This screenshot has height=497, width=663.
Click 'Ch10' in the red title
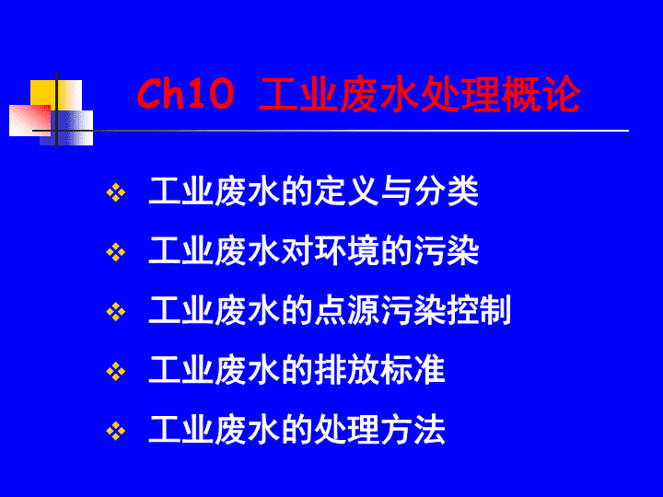point(185,94)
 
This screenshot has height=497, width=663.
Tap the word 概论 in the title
point(541,94)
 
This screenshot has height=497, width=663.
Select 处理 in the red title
point(459,94)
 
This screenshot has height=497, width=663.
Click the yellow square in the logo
point(56,95)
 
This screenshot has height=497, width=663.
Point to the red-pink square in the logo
point(30,121)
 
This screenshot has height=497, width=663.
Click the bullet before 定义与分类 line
point(115,193)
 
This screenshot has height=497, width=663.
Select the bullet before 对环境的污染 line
point(115,253)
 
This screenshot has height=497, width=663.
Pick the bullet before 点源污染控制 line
point(115,312)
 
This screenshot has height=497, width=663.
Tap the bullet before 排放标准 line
point(115,372)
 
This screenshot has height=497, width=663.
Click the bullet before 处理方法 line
point(115,432)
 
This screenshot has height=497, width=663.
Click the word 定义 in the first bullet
point(347,191)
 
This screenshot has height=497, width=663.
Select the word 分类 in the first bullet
point(447,191)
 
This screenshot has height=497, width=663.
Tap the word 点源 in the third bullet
point(347,311)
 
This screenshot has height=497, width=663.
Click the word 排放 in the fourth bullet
point(347,371)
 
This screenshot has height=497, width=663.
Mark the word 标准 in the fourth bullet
point(413,371)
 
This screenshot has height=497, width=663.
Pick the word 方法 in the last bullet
point(413,430)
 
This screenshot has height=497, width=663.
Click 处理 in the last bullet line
point(347,430)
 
